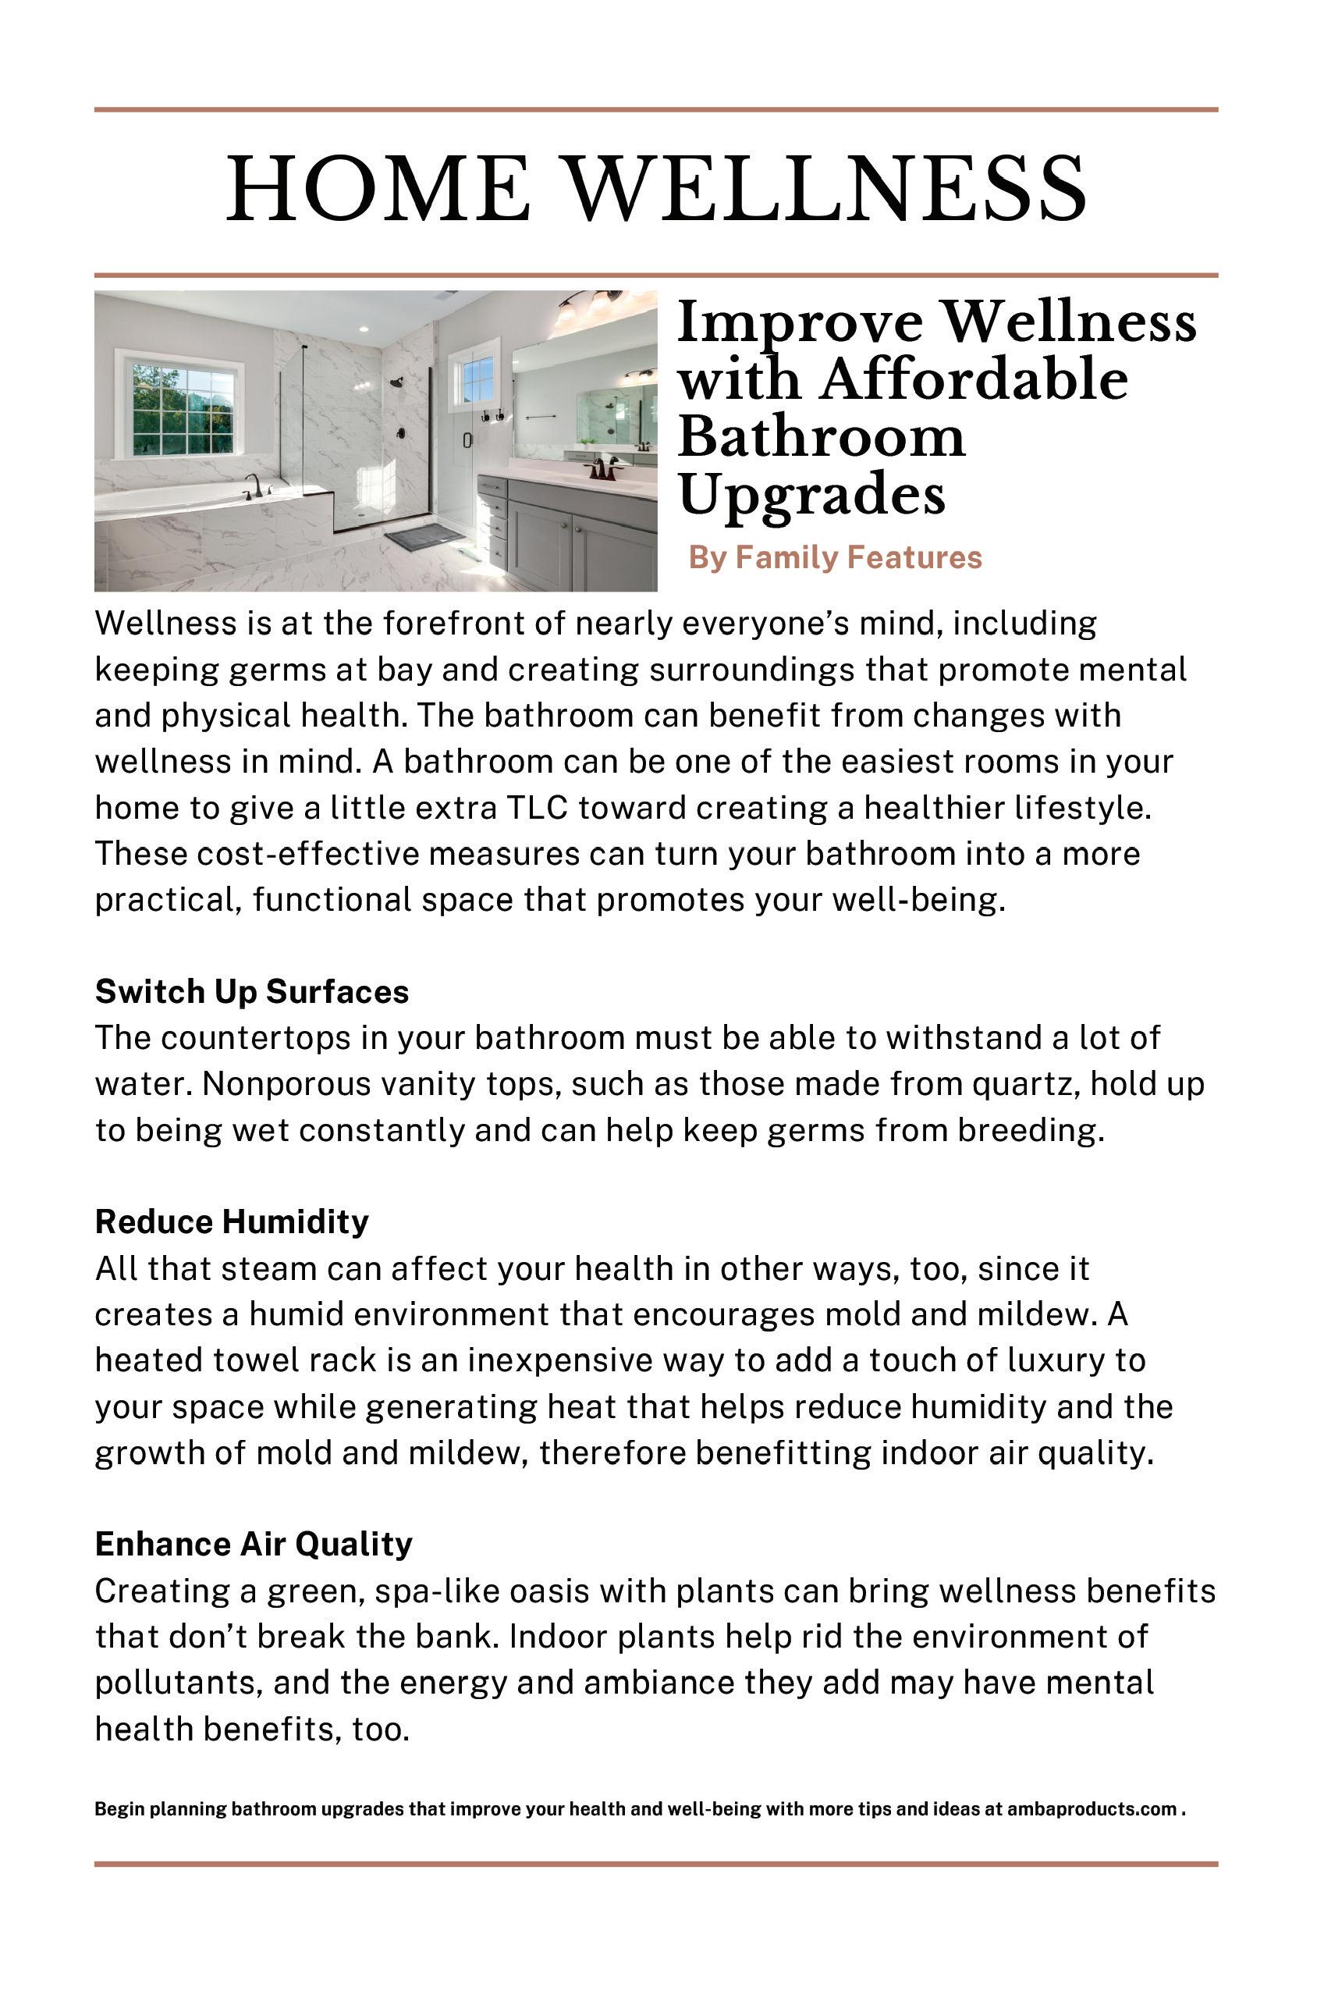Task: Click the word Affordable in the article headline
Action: tap(974, 381)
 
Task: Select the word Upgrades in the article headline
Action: tap(811, 496)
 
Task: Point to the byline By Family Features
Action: tap(835, 558)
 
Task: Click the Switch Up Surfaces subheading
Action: tap(252, 992)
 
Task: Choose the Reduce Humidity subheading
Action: tap(232, 1221)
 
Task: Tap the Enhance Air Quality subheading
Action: tap(254, 1544)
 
